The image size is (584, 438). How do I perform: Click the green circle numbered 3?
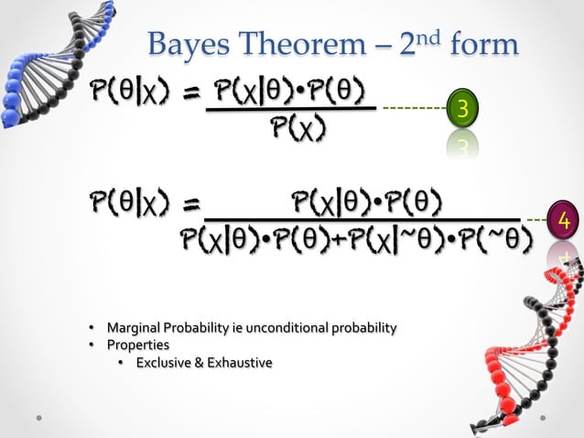(x=463, y=110)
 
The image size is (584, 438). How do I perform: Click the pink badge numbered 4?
(x=564, y=221)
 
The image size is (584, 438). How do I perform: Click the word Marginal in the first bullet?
(x=132, y=327)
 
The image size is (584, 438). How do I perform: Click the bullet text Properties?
(x=138, y=345)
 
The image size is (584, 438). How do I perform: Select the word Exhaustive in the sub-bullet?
(x=238, y=364)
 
